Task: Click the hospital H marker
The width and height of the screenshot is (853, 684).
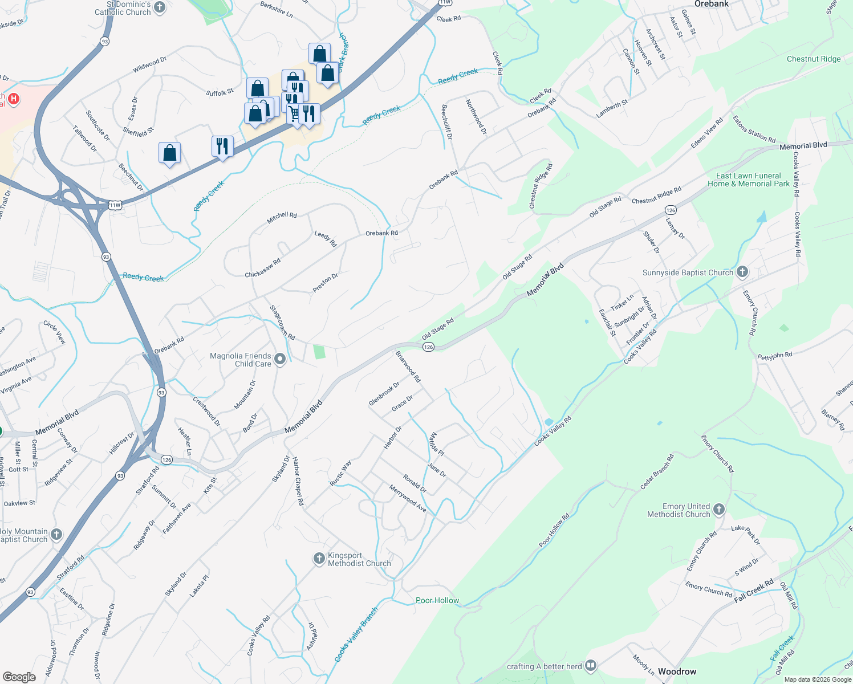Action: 13,99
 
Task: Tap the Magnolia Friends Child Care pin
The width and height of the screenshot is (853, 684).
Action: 279,360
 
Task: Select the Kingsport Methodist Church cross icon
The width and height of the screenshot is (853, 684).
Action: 319,559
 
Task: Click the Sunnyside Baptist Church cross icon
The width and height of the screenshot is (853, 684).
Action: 742,272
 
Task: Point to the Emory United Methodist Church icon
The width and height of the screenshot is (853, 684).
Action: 719,510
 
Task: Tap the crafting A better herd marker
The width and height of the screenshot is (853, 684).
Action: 591,665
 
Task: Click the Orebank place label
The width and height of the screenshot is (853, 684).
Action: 712,4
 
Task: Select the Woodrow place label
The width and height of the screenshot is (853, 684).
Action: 677,671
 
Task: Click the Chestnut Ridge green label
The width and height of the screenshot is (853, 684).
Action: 814,59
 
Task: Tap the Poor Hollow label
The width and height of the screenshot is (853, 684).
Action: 437,600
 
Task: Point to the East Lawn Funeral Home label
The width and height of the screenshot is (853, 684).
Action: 749,180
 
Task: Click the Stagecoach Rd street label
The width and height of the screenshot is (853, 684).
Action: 282,323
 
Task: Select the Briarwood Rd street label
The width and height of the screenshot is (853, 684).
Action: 408,367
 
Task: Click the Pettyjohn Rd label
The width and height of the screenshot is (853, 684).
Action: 775,356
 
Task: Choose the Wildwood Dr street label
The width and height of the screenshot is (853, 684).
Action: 149,65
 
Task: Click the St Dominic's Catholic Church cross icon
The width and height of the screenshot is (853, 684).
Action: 160,7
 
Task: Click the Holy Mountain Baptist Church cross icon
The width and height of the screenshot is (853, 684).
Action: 56,535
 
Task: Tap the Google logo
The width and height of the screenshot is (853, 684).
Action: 19,677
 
